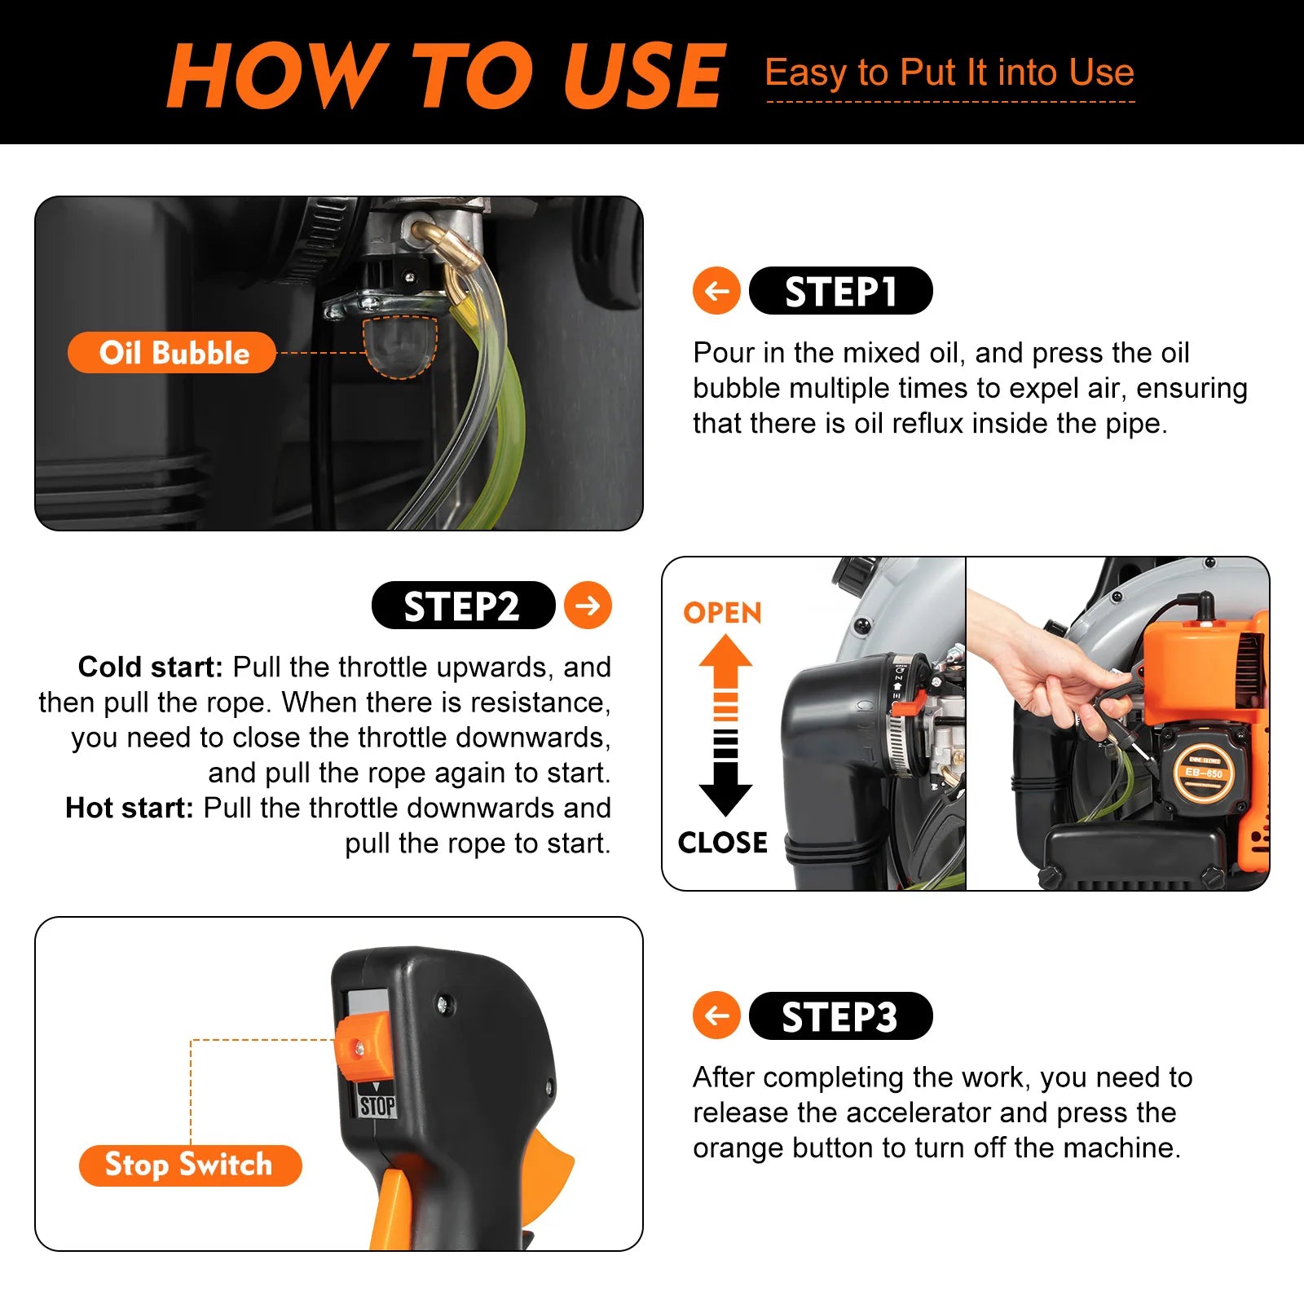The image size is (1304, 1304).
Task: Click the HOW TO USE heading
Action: point(446,75)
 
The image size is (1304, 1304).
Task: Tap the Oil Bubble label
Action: point(172,353)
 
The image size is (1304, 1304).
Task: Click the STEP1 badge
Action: point(840,291)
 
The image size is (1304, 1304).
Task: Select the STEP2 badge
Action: point(463,606)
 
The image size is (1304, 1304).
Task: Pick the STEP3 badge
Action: point(840,1016)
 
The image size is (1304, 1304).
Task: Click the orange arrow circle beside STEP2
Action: point(588,606)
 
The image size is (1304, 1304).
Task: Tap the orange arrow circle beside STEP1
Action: point(716,291)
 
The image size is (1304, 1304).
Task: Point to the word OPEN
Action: point(722,613)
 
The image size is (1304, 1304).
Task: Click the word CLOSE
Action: point(722,843)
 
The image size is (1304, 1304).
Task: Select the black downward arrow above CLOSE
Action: point(725,786)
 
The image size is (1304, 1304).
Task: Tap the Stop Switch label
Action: point(190,1165)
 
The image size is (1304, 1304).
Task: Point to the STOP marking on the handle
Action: point(377,1106)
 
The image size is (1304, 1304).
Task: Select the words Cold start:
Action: point(150,667)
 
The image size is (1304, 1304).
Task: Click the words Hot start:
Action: point(129,808)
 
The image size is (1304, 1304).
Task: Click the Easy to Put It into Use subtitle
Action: point(949,73)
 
